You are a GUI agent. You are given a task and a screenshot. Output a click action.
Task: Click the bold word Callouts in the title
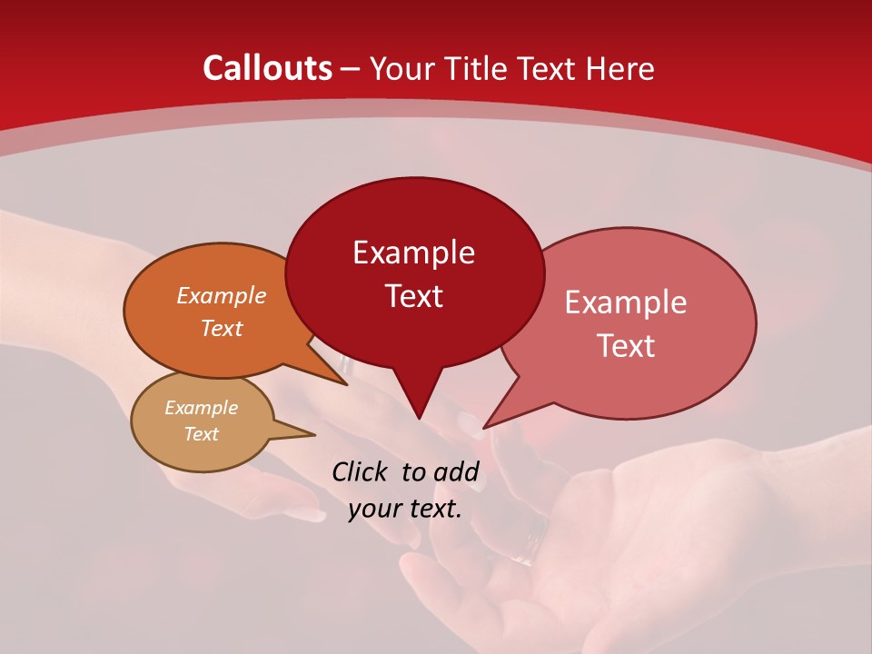point(267,68)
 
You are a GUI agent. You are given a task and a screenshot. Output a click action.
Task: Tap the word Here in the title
point(621,68)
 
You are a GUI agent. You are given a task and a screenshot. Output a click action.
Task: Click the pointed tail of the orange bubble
point(345,383)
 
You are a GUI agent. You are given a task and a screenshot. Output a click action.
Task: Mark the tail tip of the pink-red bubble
point(485,427)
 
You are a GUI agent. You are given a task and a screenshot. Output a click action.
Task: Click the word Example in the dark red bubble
point(413,253)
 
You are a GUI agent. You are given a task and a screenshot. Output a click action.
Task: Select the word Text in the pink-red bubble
point(625,346)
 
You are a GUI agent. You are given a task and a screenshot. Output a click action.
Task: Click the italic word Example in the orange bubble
point(222,296)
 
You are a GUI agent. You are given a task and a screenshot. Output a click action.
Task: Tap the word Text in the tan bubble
point(202,434)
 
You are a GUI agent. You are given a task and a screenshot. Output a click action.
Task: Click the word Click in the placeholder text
point(362,471)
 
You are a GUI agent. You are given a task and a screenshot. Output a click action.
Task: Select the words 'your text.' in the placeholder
point(405,510)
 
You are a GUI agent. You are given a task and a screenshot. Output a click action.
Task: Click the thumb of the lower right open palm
point(445,581)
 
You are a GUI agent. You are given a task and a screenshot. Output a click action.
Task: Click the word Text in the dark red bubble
point(413,296)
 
